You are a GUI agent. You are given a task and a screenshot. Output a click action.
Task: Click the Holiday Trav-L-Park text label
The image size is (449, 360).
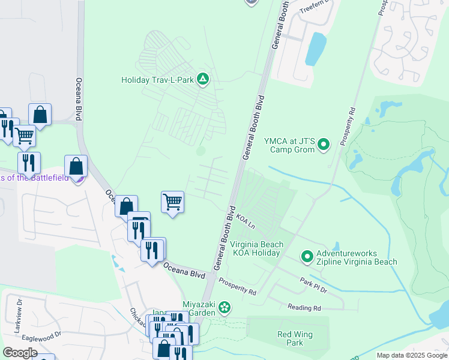tap(158, 80)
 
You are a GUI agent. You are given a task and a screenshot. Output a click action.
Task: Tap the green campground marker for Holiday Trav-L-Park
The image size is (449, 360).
tap(203, 79)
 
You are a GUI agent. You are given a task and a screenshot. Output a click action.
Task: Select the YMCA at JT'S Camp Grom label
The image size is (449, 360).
tap(289, 145)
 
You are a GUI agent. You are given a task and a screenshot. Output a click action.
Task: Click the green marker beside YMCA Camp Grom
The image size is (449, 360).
tap(323, 145)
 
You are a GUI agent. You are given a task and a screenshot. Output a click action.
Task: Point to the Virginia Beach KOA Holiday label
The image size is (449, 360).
tap(255, 249)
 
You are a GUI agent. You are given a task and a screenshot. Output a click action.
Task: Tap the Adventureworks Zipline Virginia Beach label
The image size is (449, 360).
tap(357, 257)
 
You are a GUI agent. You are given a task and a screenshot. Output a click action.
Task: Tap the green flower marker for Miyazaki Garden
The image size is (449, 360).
tap(224, 308)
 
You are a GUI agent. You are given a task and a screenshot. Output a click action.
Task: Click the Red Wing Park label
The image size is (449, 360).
tap(291, 338)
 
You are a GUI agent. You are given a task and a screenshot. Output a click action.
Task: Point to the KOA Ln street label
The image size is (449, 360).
tap(246, 220)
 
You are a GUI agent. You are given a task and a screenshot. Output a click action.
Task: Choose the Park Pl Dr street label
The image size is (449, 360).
tap(313, 285)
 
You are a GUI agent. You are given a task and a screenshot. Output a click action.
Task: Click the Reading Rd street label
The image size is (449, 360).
tap(304, 308)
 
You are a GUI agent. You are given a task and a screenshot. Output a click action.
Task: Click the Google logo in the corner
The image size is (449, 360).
tap(20, 352)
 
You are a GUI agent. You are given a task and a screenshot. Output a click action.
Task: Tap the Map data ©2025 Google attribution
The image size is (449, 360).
tap(411, 355)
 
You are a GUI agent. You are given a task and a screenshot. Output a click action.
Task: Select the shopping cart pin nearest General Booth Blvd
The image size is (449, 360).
tap(172, 202)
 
